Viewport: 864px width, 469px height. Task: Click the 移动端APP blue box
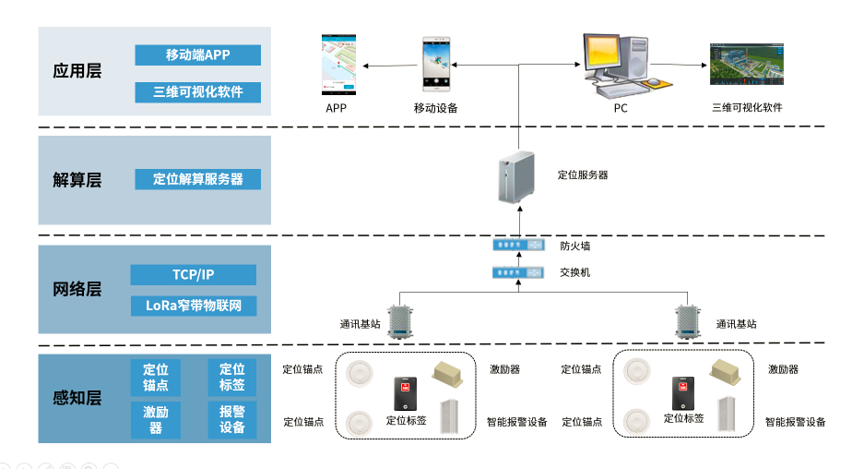pyautogui.click(x=197, y=55)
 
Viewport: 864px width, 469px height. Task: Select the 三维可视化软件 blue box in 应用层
pyautogui.click(x=197, y=92)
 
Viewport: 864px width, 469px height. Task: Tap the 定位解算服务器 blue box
pyautogui.click(x=197, y=179)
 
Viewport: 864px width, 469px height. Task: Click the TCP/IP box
pyautogui.click(x=193, y=275)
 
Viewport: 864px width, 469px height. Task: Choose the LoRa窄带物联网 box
pyautogui.click(x=193, y=306)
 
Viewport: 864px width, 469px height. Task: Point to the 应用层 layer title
pyautogui.click(x=77, y=72)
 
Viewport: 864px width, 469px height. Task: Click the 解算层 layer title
pyautogui.click(x=77, y=180)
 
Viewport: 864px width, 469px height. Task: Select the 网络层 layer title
pyautogui.click(x=77, y=290)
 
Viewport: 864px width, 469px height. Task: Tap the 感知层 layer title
pyautogui.click(x=77, y=399)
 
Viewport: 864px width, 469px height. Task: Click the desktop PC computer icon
pyautogui.click(x=621, y=65)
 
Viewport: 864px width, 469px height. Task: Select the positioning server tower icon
pyautogui.click(x=515, y=178)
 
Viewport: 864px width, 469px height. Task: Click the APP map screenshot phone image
pyautogui.click(x=339, y=65)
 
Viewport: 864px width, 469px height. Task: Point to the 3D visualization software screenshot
pyautogui.click(x=746, y=66)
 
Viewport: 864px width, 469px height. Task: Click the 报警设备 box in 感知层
pyautogui.click(x=232, y=420)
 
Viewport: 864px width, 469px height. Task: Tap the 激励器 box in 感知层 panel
pyautogui.click(x=156, y=420)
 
